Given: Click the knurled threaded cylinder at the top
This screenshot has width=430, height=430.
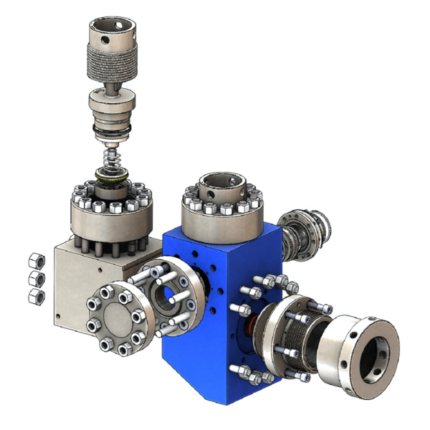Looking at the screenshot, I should click(113, 64).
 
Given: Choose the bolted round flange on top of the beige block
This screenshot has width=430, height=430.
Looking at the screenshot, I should click(111, 215).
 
